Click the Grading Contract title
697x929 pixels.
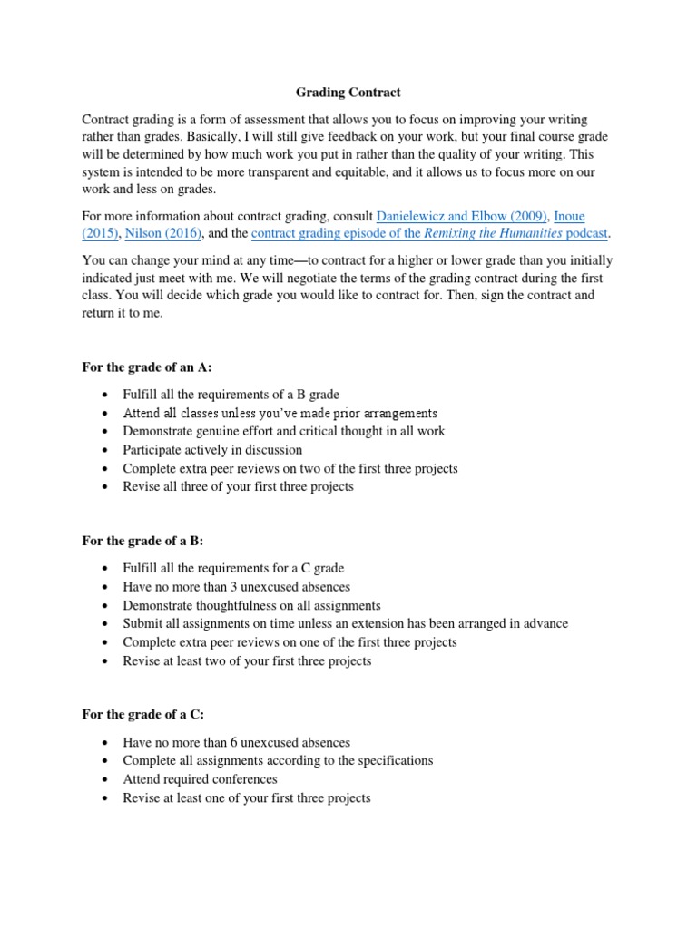348,93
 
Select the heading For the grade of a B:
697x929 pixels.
142,541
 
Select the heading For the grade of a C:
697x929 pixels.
142,714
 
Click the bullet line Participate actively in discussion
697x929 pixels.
212,449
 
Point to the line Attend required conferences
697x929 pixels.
200,779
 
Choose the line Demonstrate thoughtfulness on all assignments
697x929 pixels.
251,605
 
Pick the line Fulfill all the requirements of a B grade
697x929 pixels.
231,394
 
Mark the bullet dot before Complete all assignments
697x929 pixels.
107,760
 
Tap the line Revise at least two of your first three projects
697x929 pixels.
247,660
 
